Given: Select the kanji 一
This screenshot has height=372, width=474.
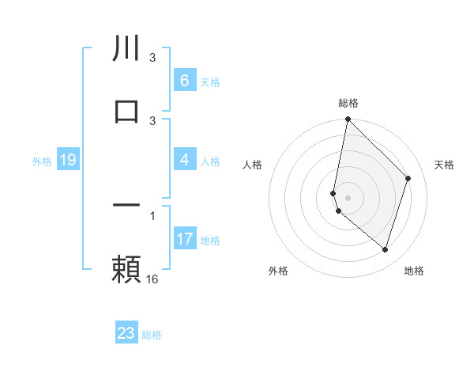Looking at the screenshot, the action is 126,205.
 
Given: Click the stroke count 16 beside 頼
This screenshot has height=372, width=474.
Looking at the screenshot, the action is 152,279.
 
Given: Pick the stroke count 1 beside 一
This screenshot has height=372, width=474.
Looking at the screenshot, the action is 152,215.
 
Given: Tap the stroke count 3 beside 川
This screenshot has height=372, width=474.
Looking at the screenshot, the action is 152,58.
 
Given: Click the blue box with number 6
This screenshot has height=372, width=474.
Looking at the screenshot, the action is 184,81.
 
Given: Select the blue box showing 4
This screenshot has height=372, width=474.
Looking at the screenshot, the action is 184,161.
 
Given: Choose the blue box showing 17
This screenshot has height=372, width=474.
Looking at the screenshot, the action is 184,239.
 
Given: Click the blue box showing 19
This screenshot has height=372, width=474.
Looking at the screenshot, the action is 67,161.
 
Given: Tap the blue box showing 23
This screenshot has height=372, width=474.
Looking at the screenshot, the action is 126,333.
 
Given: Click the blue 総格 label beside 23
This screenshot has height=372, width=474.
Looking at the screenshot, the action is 152,335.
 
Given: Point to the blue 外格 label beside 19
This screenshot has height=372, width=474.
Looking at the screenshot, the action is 42,161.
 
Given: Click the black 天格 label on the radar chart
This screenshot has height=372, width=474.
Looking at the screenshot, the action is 445,165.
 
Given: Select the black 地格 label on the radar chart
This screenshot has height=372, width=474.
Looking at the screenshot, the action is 414,271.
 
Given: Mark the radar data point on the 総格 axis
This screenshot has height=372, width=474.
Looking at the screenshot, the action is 348,119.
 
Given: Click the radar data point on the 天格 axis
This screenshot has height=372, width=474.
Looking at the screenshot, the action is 408,178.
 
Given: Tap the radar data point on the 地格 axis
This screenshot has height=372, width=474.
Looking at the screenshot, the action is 386,249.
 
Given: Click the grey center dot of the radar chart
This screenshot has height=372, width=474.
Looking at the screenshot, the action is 348,197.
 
